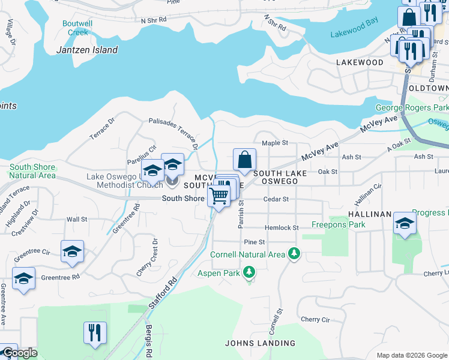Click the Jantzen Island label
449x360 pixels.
(x=87, y=50)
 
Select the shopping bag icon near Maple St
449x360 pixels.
(x=244, y=160)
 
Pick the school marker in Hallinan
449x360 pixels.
(x=405, y=224)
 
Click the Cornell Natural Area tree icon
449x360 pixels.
(x=294, y=254)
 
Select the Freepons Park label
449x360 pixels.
(x=338, y=225)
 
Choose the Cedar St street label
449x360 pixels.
(x=276, y=199)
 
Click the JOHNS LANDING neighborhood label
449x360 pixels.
(x=260, y=343)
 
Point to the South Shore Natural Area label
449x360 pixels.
(x=32, y=171)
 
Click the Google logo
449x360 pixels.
(x=19, y=353)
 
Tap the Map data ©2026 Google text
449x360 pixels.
(x=411, y=355)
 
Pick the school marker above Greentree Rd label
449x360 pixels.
(x=72, y=251)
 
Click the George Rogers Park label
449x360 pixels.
(x=412, y=107)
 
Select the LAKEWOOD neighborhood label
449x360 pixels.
(x=360, y=62)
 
